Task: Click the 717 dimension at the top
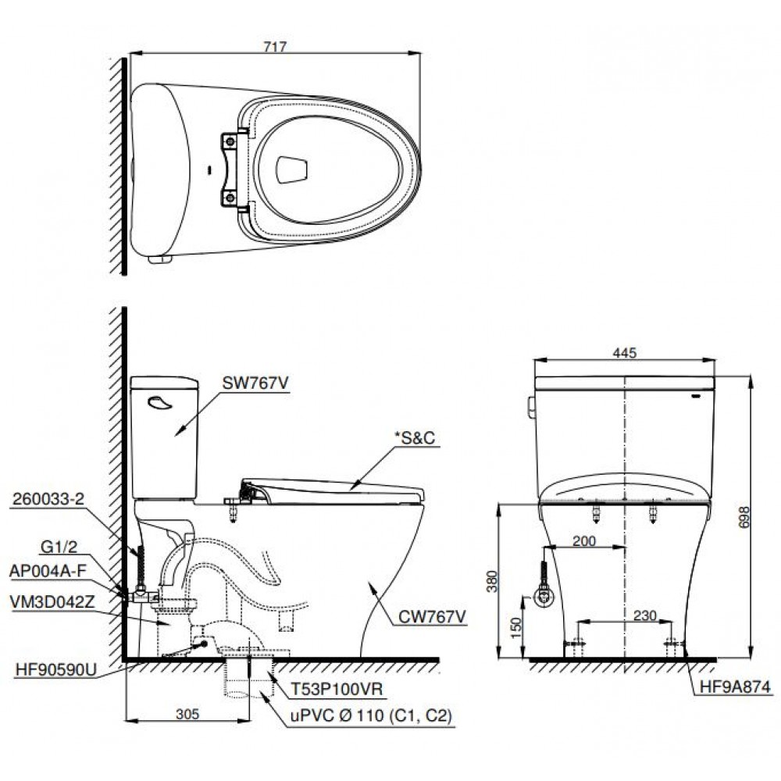(x=275, y=47)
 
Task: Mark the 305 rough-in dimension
(x=186, y=712)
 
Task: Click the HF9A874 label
(x=733, y=687)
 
